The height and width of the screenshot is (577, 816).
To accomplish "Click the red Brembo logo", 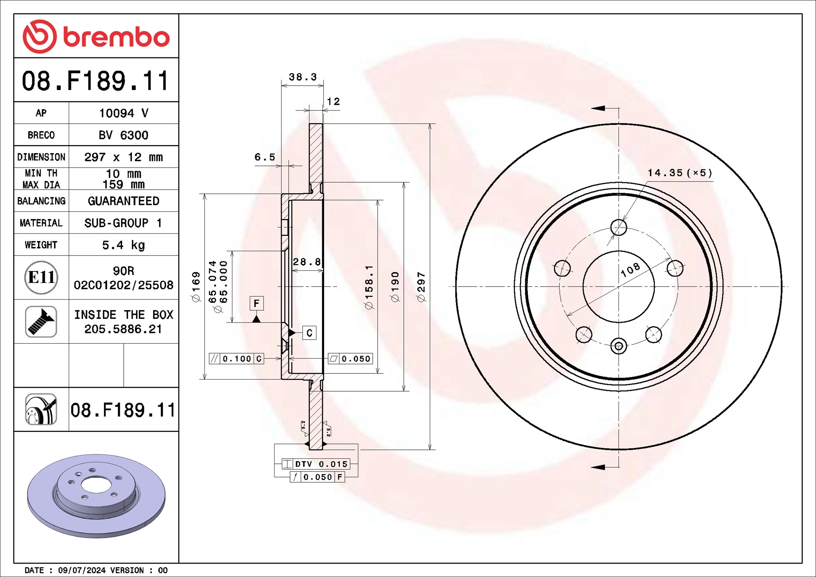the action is [x=96, y=37].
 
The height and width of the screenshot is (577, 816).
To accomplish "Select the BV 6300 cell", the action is [x=123, y=135].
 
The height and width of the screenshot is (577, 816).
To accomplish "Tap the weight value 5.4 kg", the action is [x=123, y=245].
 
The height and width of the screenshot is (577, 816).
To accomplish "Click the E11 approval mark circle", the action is [x=41, y=277].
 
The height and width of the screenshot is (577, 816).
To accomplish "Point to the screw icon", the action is [x=41, y=321].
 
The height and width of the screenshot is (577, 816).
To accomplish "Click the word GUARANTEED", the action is [x=123, y=201].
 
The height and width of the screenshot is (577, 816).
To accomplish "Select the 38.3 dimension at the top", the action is [x=303, y=77].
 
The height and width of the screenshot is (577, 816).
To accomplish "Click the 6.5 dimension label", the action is [x=265, y=157].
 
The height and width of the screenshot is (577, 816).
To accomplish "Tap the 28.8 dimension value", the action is [x=307, y=262].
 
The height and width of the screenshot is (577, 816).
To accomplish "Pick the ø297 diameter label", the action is [x=421, y=287].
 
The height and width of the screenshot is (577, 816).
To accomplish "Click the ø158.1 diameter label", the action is [x=369, y=287].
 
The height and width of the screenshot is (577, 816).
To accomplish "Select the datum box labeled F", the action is [x=256, y=303].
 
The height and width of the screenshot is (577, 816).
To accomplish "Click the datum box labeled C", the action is [x=309, y=333].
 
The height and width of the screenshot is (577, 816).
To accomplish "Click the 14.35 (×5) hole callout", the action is [x=680, y=173].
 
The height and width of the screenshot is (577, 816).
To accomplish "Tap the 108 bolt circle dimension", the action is [x=630, y=270].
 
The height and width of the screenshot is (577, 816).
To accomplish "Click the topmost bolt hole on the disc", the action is [x=619, y=227].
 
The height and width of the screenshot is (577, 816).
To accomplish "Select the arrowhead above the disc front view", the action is [x=598, y=108].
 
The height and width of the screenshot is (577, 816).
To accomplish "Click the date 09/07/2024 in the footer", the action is [x=81, y=570].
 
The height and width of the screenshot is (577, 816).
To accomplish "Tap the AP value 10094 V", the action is [x=123, y=113].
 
